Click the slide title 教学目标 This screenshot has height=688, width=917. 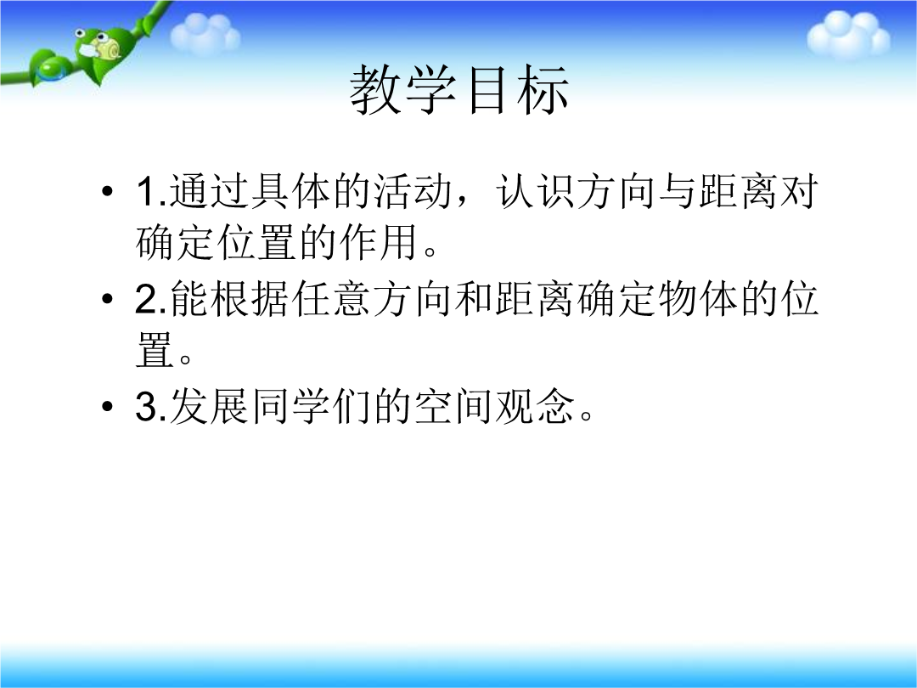(x=459, y=90)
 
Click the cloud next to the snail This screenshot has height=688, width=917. (x=205, y=33)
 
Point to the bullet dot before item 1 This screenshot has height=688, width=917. (x=107, y=191)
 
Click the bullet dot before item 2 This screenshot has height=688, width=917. (x=107, y=299)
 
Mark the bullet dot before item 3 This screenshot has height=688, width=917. (x=107, y=406)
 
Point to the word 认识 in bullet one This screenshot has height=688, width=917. (x=535, y=191)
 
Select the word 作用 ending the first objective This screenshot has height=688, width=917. (x=378, y=242)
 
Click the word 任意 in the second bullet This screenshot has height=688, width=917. (x=331, y=299)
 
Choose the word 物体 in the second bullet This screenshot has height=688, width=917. (x=697, y=299)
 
